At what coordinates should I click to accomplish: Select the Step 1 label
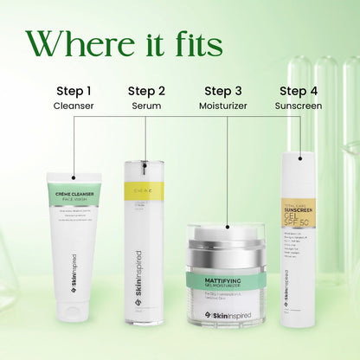(x=74, y=90)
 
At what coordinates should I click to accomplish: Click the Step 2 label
(x=146, y=90)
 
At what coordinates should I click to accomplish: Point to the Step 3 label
(x=223, y=90)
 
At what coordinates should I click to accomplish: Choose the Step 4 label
(x=298, y=90)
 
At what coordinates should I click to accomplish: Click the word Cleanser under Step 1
(x=74, y=106)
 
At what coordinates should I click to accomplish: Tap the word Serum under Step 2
(x=146, y=106)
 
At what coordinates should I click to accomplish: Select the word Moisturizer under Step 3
(x=223, y=106)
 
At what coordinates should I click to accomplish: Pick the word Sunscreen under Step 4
(x=298, y=106)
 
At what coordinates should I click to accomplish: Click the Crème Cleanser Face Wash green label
(x=74, y=195)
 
